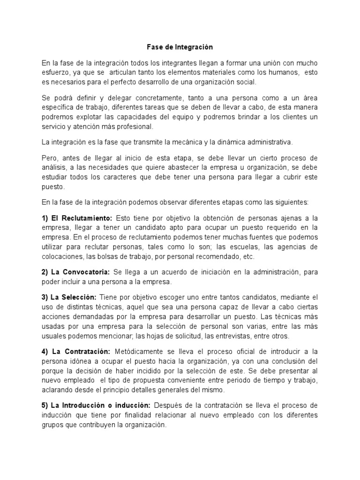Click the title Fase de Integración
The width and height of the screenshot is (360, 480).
coord(180,47)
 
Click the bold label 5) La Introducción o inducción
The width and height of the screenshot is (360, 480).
coord(96,405)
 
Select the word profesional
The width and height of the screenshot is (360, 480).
coord(137,127)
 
